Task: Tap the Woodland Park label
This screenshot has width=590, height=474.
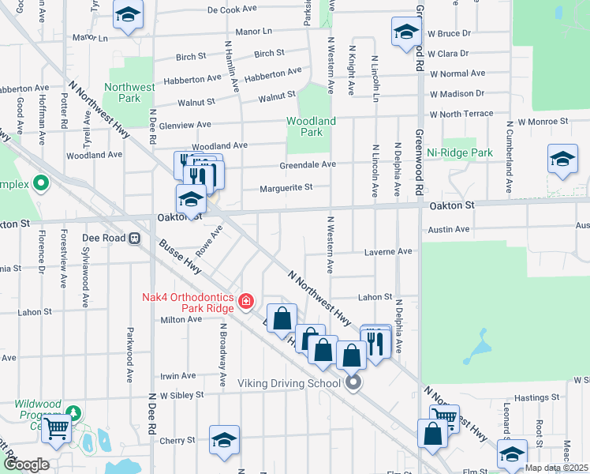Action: pos(312,126)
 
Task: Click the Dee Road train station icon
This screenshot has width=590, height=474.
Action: pos(135,238)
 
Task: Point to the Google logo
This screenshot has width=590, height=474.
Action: pos(26,465)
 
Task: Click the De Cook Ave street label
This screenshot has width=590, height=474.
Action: pos(233,10)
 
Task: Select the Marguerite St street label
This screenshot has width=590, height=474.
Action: pos(286,188)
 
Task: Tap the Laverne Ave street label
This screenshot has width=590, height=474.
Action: pos(388,251)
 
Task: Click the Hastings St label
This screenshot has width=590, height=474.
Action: pos(537,398)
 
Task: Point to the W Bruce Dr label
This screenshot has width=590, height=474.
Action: pos(449,33)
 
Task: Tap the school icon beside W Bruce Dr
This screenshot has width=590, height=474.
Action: pos(405,32)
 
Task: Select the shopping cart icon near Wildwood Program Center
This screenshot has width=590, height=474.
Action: pos(56,428)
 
